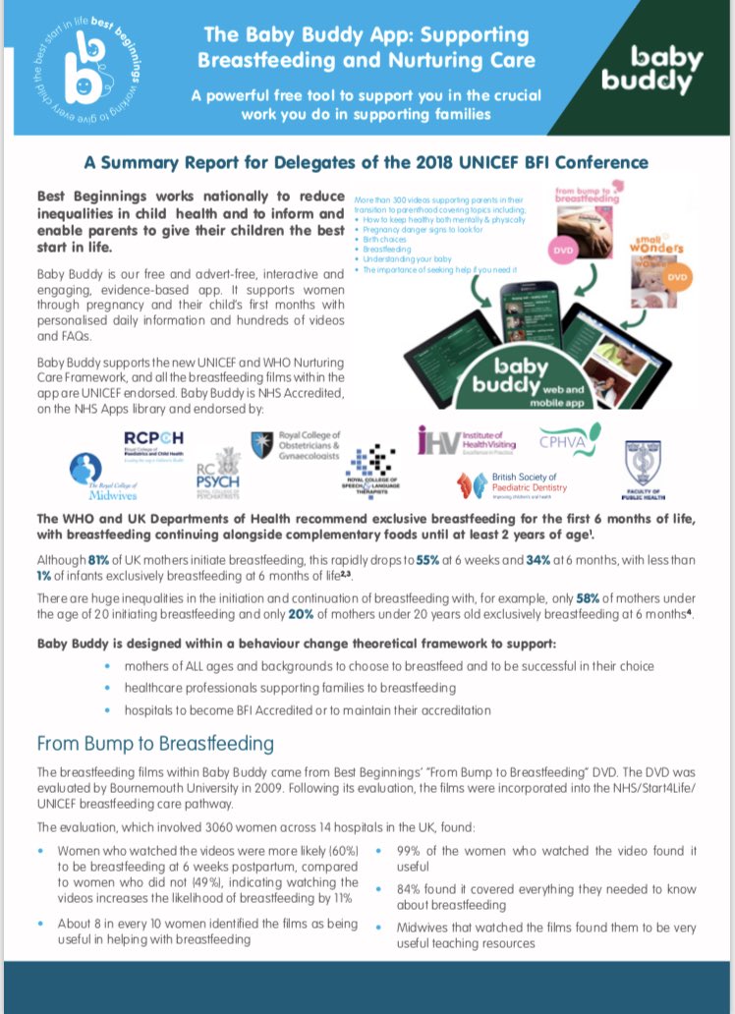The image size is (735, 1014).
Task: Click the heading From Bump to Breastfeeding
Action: tap(154, 743)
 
